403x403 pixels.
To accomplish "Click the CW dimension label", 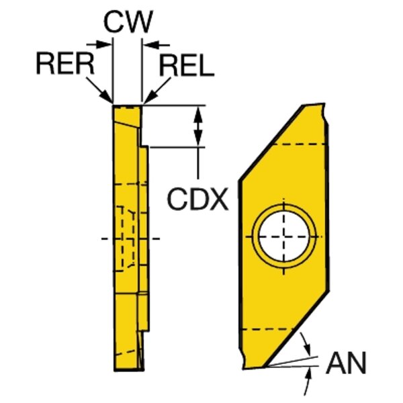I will (x=128, y=22).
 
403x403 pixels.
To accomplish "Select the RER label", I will (x=64, y=65).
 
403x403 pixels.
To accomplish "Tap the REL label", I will (x=187, y=66).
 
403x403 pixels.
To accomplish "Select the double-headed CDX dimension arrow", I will (x=198, y=126).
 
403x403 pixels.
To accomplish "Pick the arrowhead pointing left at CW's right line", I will (x=150, y=44).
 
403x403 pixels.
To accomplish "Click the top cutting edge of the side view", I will (x=127, y=105).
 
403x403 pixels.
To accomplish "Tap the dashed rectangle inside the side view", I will (x=126, y=238).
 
